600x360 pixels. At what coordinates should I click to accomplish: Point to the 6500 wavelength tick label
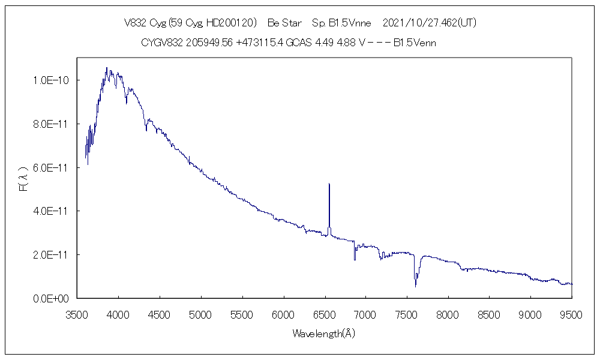(x=325, y=314)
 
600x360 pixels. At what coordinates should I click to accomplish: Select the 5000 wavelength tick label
(x=201, y=314)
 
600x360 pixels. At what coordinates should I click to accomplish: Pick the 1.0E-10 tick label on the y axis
(x=52, y=80)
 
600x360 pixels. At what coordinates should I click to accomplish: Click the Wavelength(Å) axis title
(x=324, y=334)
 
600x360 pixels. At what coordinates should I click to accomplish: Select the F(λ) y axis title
(x=23, y=179)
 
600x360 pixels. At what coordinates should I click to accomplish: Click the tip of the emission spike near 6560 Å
(x=329, y=184)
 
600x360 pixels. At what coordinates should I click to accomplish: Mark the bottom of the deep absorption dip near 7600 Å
(x=415, y=286)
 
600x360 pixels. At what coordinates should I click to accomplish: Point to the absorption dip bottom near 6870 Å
(x=355, y=259)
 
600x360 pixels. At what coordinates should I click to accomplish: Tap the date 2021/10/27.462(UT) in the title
(x=429, y=23)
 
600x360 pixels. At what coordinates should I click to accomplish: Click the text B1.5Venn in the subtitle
(x=415, y=43)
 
